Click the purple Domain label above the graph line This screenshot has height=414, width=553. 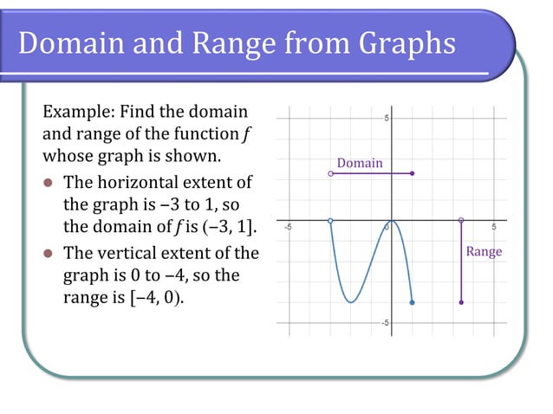[x=359, y=163]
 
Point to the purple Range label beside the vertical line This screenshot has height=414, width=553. [x=484, y=251]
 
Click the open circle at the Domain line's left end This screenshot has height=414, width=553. [x=331, y=174]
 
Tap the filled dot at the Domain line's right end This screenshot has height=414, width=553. [x=412, y=174]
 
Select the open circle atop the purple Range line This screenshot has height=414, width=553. [x=461, y=220]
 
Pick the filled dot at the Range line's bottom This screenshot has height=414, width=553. [x=461, y=302]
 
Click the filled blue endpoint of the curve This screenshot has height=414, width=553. [x=412, y=302]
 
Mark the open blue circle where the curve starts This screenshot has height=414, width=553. [x=331, y=221]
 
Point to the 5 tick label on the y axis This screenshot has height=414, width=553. [x=386, y=118]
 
